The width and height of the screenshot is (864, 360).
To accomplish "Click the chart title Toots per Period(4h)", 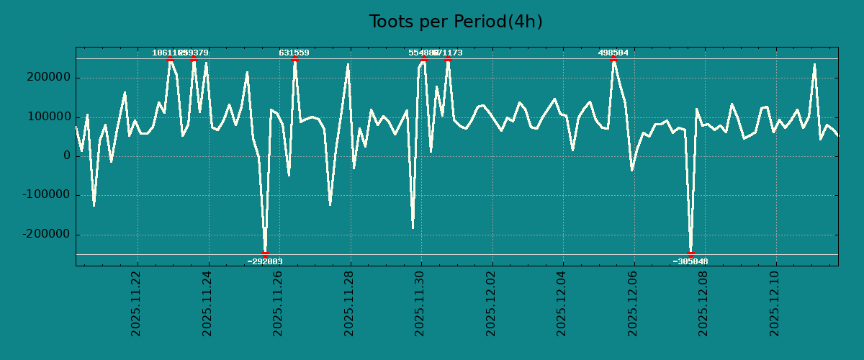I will click(456, 22).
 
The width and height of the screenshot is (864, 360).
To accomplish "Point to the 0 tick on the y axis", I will click(67, 156).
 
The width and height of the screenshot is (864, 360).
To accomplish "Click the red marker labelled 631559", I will click(294, 59).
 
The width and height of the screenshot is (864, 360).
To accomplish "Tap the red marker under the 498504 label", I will click(613, 59).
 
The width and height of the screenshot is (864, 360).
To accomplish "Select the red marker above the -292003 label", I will click(265, 254).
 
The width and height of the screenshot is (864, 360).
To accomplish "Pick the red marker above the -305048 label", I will click(690, 254).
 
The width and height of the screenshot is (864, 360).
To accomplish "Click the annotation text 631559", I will click(294, 53).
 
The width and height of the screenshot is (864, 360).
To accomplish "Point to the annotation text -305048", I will click(690, 262).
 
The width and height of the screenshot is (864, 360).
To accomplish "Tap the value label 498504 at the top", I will click(613, 53).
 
